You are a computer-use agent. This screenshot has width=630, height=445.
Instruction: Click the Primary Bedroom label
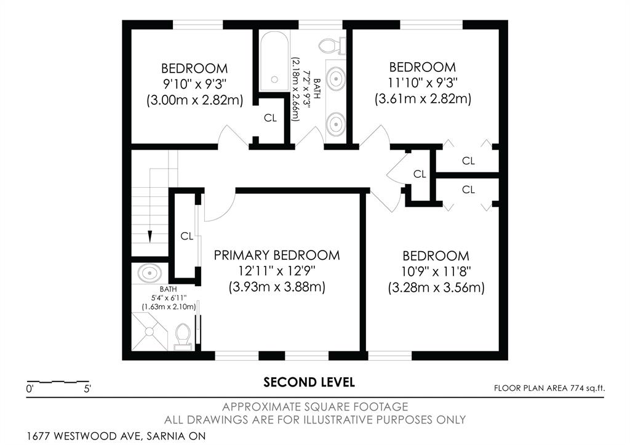click(277, 255)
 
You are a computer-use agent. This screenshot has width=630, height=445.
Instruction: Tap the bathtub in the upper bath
click(274, 61)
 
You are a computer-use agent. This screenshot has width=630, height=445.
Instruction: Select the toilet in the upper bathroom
click(332, 45)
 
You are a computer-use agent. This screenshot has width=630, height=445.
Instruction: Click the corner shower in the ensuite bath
click(150, 331)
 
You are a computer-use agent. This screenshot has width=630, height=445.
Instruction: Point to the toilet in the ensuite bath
click(183, 337)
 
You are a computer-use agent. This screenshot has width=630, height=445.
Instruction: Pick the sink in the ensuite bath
click(150, 273)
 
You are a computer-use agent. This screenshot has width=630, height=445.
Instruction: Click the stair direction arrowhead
click(150, 236)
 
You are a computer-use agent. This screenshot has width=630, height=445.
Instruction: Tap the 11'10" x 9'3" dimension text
click(423, 83)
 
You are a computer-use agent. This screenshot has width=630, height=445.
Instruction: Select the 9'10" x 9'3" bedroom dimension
click(194, 84)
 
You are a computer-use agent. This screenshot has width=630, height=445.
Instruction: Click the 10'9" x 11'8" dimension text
click(436, 272)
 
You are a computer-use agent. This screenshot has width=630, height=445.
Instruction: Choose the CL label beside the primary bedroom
click(186, 236)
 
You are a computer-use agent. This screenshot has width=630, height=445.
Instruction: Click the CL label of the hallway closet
click(420, 174)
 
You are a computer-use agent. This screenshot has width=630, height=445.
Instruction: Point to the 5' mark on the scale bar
click(87, 389)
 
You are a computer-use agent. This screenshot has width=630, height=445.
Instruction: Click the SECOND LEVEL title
click(309, 382)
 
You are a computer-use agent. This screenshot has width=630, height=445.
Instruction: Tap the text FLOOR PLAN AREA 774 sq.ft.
click(549, 388)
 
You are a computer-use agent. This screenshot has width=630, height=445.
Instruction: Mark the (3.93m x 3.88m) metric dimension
click(277, 287)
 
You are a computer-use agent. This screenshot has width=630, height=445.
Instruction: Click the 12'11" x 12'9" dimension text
click(277, 271)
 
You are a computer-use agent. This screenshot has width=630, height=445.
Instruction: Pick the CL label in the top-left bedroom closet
click(270, 118)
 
